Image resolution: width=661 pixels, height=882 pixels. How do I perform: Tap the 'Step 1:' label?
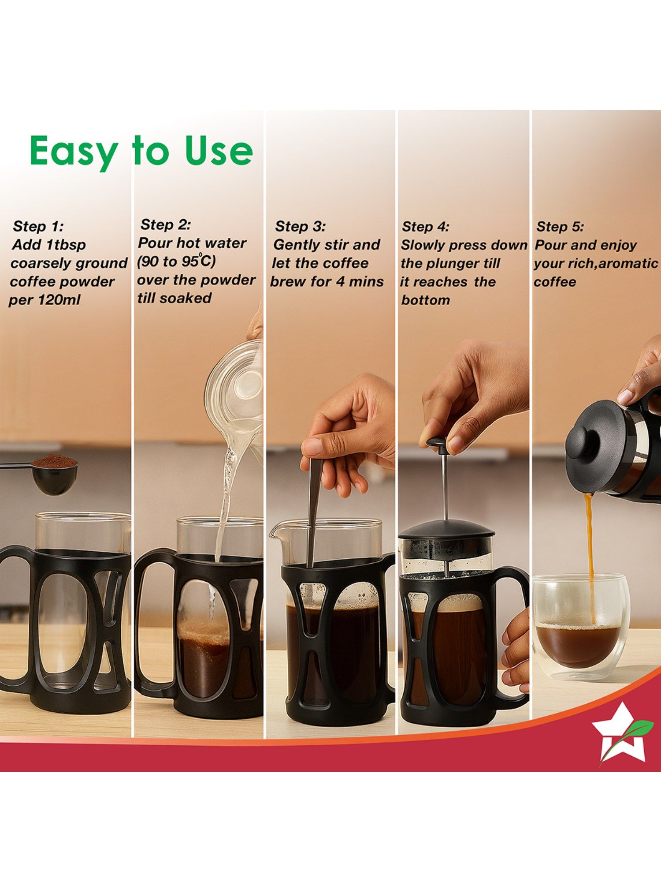click(x=38, y=226)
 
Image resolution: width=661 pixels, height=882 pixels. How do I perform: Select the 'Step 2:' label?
click(x=166, y=224)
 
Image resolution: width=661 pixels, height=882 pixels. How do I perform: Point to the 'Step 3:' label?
click(x=300, y=226)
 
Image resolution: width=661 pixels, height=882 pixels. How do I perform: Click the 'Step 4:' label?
click(x=426, y=227)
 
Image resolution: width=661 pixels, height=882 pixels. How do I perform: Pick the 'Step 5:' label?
click(x=560, y=227)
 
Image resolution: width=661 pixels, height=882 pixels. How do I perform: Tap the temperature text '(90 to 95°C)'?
click(x=176, y=261)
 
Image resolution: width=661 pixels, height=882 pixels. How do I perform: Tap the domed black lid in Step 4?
click(x=446, y=529)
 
